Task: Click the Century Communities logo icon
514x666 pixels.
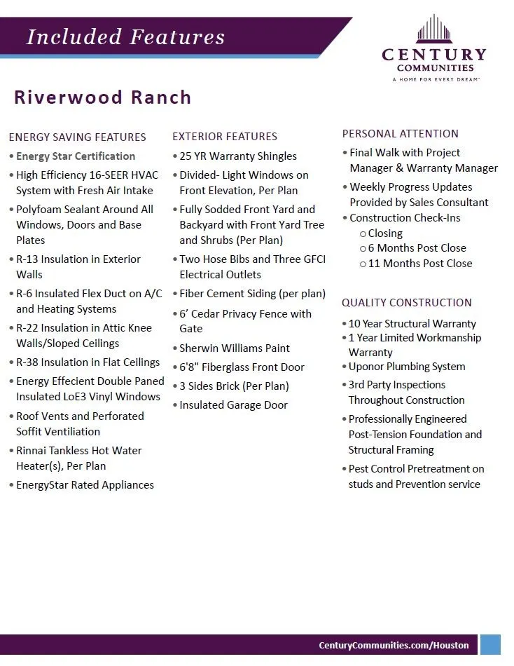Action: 434,29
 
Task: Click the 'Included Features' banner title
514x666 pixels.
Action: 126,37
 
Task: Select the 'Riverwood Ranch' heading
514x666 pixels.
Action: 103,97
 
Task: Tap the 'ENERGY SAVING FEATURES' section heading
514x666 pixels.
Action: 77,137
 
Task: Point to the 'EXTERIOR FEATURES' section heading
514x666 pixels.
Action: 225,137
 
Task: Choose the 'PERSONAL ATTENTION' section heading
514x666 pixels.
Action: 400,134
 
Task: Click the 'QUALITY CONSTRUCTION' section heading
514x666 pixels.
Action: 406,303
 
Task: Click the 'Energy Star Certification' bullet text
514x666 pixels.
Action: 76,156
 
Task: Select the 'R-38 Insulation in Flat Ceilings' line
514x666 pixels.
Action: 88,362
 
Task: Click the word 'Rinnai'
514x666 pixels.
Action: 34,451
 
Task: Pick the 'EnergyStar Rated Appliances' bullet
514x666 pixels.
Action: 85,485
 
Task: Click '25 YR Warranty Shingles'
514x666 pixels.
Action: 238,156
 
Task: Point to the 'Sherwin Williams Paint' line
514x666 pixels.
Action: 235,348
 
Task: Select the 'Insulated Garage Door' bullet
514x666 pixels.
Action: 233,405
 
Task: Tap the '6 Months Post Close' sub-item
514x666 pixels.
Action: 417,248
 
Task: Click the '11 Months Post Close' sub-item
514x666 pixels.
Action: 420,264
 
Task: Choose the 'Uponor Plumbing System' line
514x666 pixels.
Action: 407,367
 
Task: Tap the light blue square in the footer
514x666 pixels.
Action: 490,645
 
